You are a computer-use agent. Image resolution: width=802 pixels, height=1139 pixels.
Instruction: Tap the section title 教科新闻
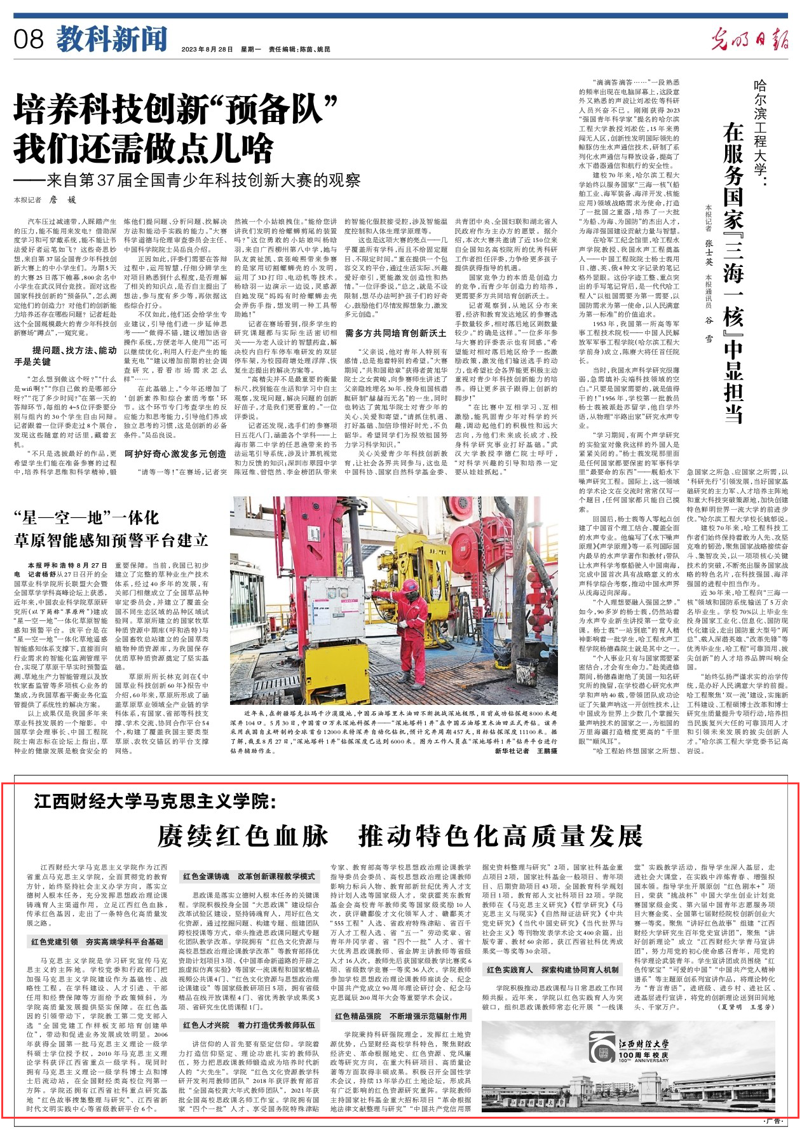[x=111, y=39]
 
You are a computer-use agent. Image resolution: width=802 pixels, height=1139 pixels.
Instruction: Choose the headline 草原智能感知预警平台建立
[x=111, y=540]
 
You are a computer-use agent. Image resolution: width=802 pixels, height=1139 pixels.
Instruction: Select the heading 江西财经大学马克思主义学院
[x=155, y=802]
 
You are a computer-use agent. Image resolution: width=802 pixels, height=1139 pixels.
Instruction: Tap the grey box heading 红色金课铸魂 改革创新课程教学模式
[x=249, y=876]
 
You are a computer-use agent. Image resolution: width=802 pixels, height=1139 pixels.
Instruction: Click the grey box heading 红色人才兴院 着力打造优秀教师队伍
[x=249, y=1025]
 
